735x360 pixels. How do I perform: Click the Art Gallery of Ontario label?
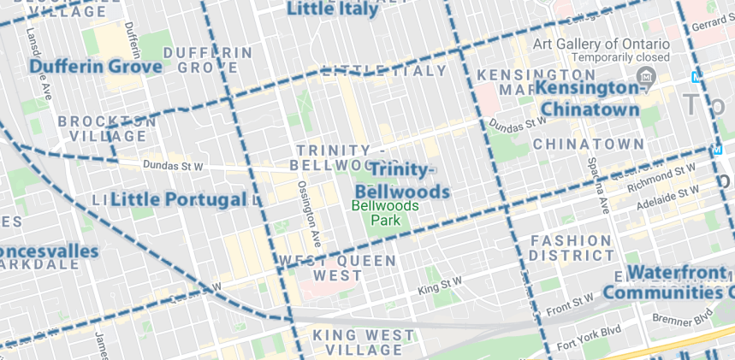[600, 44]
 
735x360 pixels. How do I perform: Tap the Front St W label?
[572, 301]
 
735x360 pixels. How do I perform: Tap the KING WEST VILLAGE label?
[364, 343]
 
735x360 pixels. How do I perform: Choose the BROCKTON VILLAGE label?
[107, 128]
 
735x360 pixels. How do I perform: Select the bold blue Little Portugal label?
[177, 199]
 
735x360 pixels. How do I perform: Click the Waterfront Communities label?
[680, 283]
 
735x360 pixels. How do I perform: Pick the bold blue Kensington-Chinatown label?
[590, 98]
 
